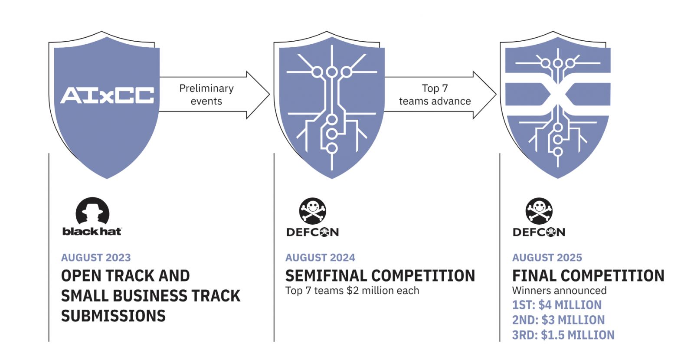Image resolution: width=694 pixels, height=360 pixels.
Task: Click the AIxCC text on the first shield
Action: pos(107,95)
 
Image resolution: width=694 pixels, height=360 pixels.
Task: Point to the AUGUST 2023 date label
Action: pos(96,258)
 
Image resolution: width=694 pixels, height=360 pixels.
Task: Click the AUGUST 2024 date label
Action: pos(320,258)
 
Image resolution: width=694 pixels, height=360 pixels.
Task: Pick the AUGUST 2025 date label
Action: pos(547,258)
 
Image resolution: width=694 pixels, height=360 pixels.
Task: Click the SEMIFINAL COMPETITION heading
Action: pos(380,276)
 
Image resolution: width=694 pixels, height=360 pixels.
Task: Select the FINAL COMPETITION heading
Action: pos(588,276)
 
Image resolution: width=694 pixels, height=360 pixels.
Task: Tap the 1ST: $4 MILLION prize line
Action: pos(557,305)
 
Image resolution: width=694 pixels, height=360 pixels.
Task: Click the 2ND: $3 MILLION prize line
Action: pos(558,320)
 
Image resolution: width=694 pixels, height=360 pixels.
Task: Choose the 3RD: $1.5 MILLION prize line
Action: pos(563,335)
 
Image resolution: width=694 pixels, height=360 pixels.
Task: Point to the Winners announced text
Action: pos(559,291)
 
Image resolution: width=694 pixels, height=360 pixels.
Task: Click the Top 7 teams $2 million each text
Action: pos(352,291)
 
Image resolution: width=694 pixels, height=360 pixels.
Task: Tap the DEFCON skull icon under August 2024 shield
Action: pos(312,211)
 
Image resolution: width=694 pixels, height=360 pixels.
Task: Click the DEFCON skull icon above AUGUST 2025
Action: pos(539,211)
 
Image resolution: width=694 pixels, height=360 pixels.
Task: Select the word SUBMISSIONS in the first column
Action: pos(113,316)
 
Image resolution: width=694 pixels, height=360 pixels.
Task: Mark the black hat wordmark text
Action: pos(92,231)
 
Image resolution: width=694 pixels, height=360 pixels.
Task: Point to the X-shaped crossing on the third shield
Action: pos(558,95)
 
